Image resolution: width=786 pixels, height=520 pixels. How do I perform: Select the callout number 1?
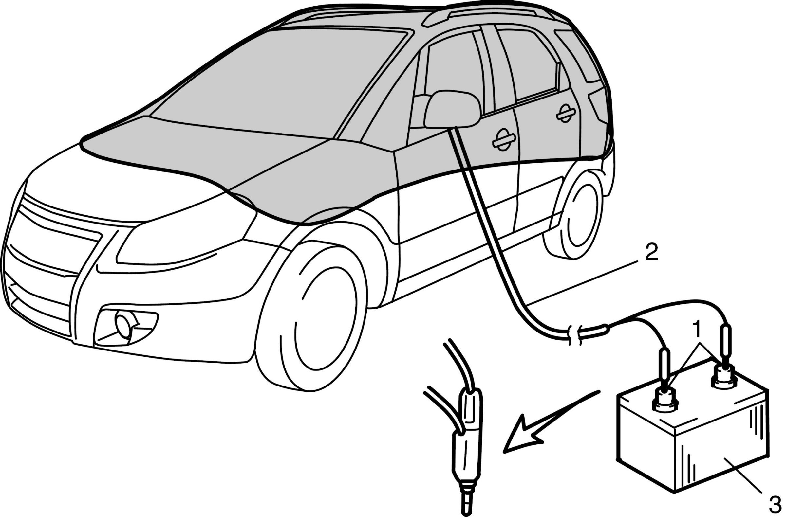click(x=697, y=329)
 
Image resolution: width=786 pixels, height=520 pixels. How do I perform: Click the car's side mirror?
click(x=452, y=109)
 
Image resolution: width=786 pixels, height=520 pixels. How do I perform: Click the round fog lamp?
click(x=122, y=324)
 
